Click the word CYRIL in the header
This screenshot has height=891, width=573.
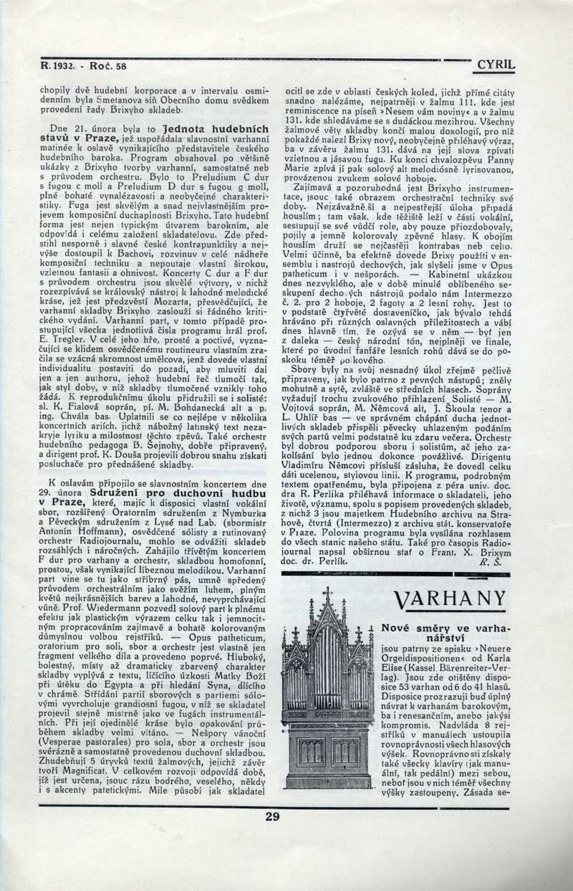(x=496, y=65)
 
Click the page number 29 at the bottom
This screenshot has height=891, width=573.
(x=272, y=816)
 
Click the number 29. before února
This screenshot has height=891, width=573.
(x=47, y=494)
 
